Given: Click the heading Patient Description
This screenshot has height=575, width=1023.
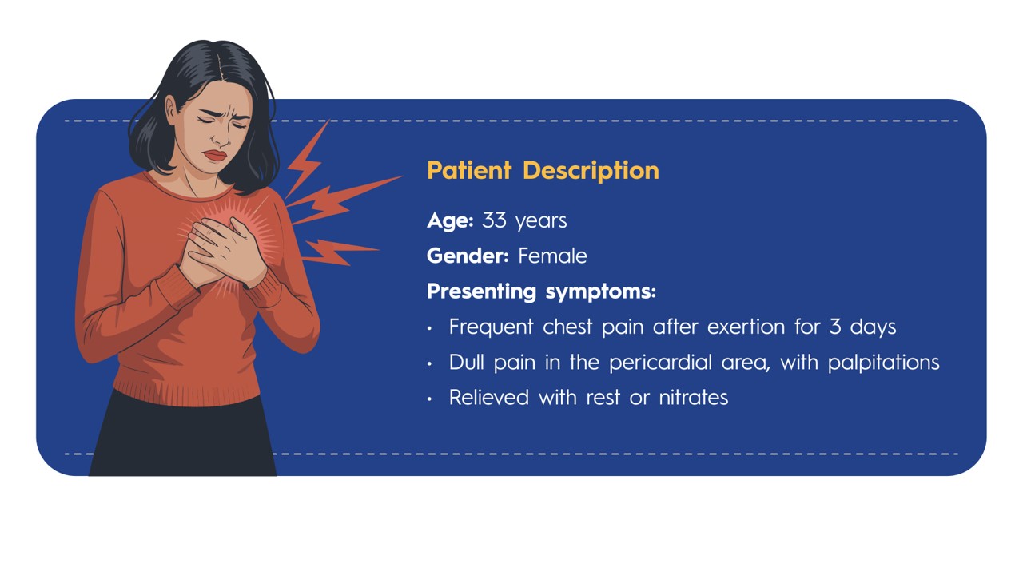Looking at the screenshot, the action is tap(543, 171).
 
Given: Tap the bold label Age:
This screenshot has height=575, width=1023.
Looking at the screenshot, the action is tap(450, 221).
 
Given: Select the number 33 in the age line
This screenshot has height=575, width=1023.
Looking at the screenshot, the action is tap(494, 220).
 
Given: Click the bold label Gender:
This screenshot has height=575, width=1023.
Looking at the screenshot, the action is tap(468, 256).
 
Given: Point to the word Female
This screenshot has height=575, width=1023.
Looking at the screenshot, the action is tap(552, 256).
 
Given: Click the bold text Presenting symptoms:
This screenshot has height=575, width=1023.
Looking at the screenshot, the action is tap(541, 291).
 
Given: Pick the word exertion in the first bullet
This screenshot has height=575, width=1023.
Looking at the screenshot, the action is tap(746, 327).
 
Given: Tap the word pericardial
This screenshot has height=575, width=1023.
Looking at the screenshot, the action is tap(660, 363).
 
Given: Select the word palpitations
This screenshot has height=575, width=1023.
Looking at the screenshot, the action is tap(884, 363).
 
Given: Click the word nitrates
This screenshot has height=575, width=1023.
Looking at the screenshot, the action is tap(693, 398).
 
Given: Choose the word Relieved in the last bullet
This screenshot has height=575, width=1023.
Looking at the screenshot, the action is tap(488, 398).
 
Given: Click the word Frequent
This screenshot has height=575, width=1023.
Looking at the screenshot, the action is tap(491, 327).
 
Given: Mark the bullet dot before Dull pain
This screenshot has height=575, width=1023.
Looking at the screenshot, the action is tap(429, 363).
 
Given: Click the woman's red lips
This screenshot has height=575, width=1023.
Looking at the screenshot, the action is tap(215, 155).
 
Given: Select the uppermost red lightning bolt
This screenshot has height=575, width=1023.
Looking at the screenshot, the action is tap(307, 160).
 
